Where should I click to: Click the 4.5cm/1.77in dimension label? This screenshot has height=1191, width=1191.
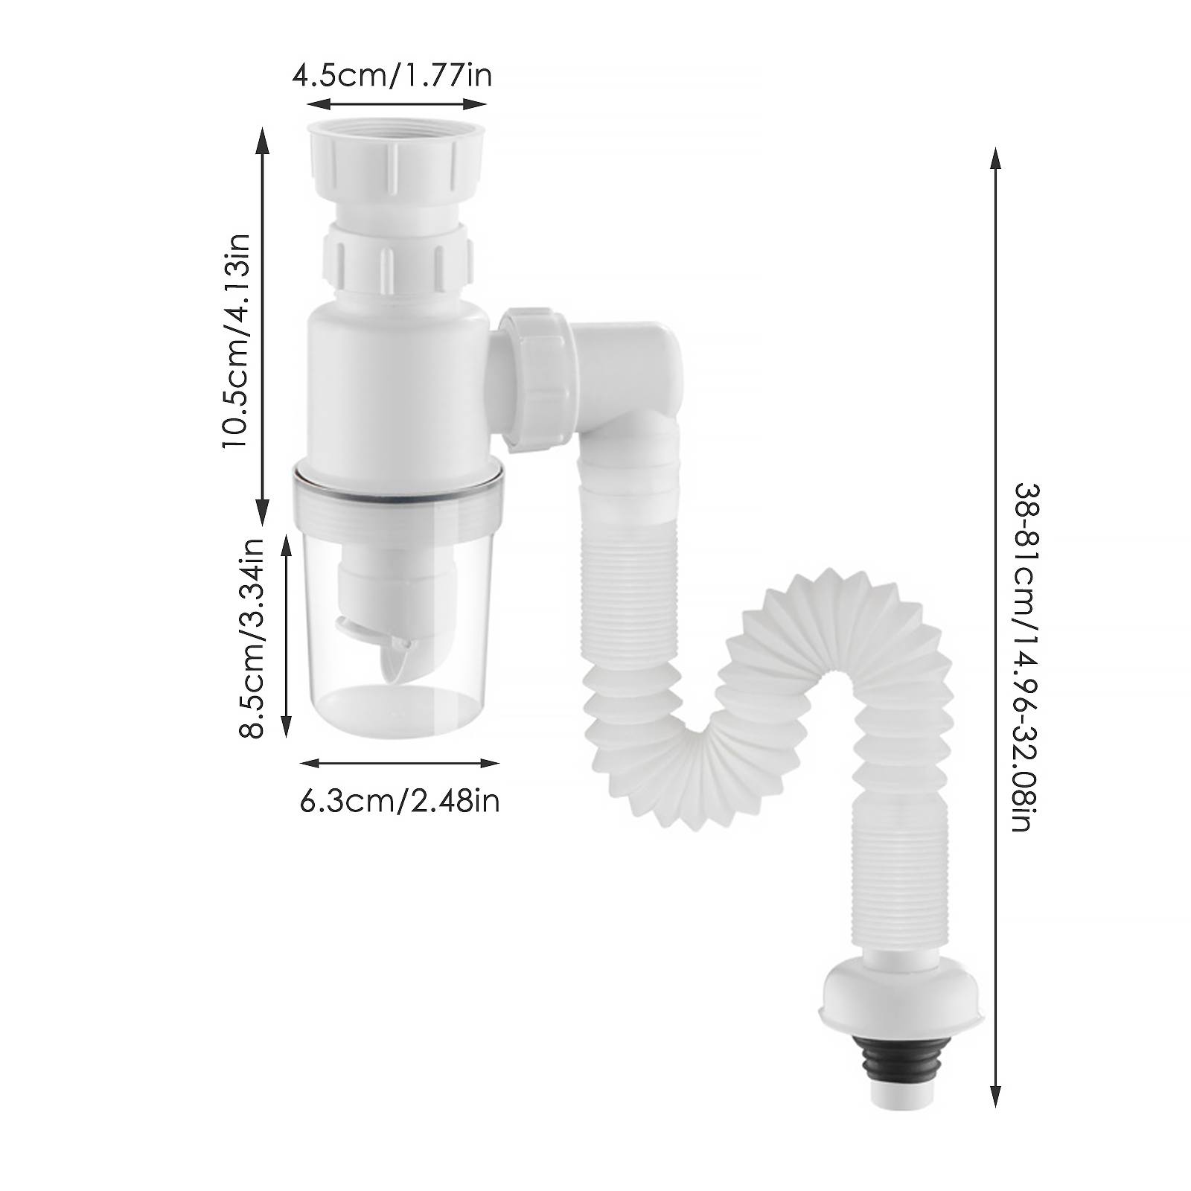(x=392, y=77)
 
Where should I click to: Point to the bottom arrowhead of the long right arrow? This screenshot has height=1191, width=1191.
(x=994, y=1095)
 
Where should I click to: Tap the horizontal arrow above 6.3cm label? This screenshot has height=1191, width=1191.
(x=399, y=763)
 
